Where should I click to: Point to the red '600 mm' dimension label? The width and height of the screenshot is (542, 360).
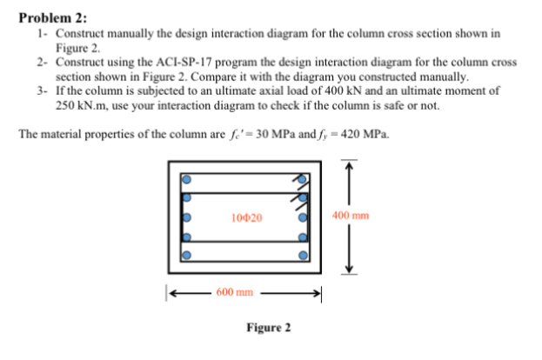235,292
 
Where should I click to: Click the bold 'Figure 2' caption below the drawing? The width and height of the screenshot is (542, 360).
268,328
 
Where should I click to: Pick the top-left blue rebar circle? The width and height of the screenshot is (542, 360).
185,178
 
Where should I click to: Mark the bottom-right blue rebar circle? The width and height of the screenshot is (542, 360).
303,257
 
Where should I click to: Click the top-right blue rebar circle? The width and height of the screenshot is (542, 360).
303,179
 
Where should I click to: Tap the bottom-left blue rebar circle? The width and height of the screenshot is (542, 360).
185,257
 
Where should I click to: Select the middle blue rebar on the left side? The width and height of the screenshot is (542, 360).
185,217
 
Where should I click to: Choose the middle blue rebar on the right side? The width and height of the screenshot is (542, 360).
303,217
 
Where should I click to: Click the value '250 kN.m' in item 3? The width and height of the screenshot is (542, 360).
76,105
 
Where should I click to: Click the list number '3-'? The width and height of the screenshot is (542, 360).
43,90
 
